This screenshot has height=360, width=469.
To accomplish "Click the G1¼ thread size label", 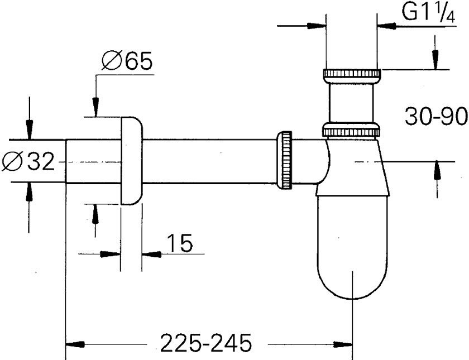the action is click(x=428, y=12).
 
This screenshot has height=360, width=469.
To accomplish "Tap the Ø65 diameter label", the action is click(x=127, y=61).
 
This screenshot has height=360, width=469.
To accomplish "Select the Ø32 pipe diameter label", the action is click(x=28, y=161).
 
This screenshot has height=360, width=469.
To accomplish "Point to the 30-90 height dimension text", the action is click(x=436, y=116).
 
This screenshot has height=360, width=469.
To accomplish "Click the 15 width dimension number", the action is click(x=179, y=243).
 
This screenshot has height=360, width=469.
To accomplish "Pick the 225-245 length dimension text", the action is click(x=206, y=343).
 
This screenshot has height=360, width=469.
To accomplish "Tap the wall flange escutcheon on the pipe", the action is click(x=132, y=161).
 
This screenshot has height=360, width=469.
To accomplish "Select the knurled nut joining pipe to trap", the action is click(x=284, y=160).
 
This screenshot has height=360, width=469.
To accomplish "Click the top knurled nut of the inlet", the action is click(x=352, y=74).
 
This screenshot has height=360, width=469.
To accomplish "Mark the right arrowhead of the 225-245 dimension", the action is click(x=343, y=344).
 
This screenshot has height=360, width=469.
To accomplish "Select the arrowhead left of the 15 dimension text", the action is click(x=110, y=254).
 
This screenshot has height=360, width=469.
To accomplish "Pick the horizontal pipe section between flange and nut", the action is click(x=210, y=161).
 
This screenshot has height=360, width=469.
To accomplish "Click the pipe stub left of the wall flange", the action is click(x=93, y=161).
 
